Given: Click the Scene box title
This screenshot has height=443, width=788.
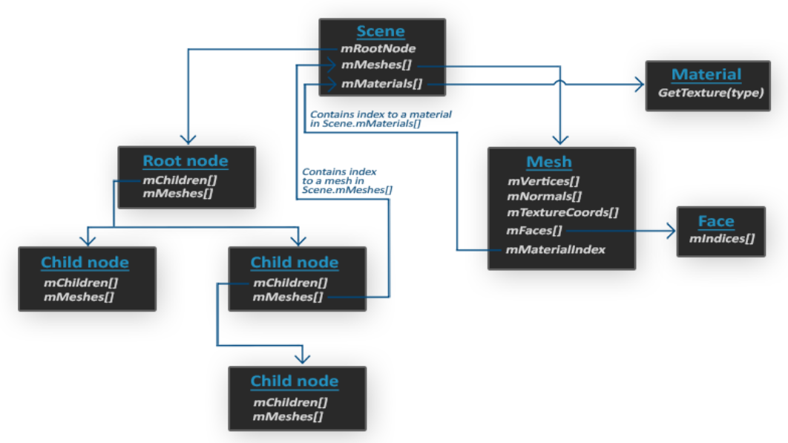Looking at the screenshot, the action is coord(381,31).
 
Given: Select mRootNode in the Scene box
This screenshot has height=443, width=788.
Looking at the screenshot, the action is coord(378,48).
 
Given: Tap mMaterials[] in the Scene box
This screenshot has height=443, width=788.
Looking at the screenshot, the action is coord(382,83).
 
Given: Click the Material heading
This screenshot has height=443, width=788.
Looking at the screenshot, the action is coord(706,74).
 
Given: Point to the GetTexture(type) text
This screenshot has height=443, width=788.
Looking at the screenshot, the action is coord(711,93).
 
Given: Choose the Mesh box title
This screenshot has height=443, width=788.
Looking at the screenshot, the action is coord(549,162).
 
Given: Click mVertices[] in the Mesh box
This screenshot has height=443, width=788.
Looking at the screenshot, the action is coord(543,181).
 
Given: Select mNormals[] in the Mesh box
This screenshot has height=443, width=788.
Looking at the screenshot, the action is coord(545,196).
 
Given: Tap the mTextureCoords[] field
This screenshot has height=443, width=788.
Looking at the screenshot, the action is coord(563,212).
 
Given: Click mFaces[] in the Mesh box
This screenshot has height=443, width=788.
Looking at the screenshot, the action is coord(533,230).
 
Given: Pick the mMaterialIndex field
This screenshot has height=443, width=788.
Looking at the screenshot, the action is coord(555,249).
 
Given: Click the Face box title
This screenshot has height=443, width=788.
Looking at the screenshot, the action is coord(716,221).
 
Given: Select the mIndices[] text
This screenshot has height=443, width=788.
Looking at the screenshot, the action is coord(722,238).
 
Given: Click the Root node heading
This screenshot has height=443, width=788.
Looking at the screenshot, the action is coord(185,161).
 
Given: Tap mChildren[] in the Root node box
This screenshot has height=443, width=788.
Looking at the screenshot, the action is coord(180,180).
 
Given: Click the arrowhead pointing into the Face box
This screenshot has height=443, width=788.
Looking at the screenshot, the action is coord(672,231).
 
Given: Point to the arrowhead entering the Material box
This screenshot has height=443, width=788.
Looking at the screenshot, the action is coord(640,84).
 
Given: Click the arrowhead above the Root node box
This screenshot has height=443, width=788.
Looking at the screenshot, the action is coord(188,140).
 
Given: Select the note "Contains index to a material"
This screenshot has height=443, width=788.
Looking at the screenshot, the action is coord(381,115).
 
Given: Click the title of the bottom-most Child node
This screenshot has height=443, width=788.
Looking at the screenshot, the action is coord(295,381).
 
